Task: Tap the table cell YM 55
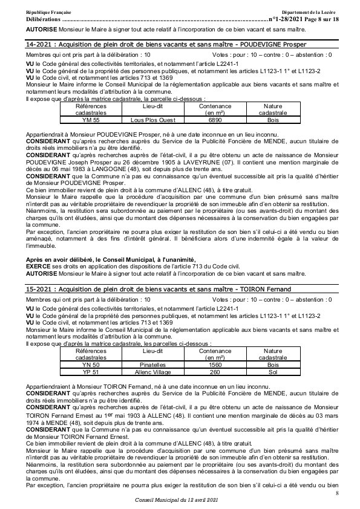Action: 90,121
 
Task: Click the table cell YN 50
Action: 90,365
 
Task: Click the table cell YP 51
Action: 90,372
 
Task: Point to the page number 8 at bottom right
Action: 336,494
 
